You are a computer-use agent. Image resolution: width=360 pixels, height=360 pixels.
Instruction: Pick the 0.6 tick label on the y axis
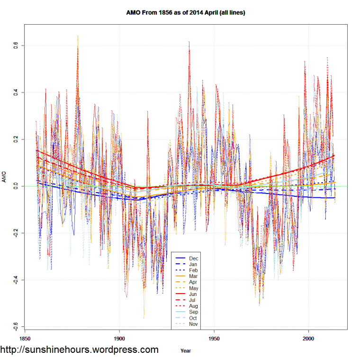click(15, 46)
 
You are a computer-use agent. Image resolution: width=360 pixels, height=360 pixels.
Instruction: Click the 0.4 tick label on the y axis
click(15, 92)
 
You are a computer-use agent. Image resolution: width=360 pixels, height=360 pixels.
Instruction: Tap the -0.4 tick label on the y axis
click(15, 279)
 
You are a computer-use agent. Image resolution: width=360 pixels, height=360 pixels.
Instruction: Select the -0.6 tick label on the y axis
click(15, 326)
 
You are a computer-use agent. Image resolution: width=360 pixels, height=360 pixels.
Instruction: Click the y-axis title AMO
click(4, 180)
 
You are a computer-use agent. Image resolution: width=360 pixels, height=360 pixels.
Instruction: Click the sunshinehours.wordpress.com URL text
click(79, 350)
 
